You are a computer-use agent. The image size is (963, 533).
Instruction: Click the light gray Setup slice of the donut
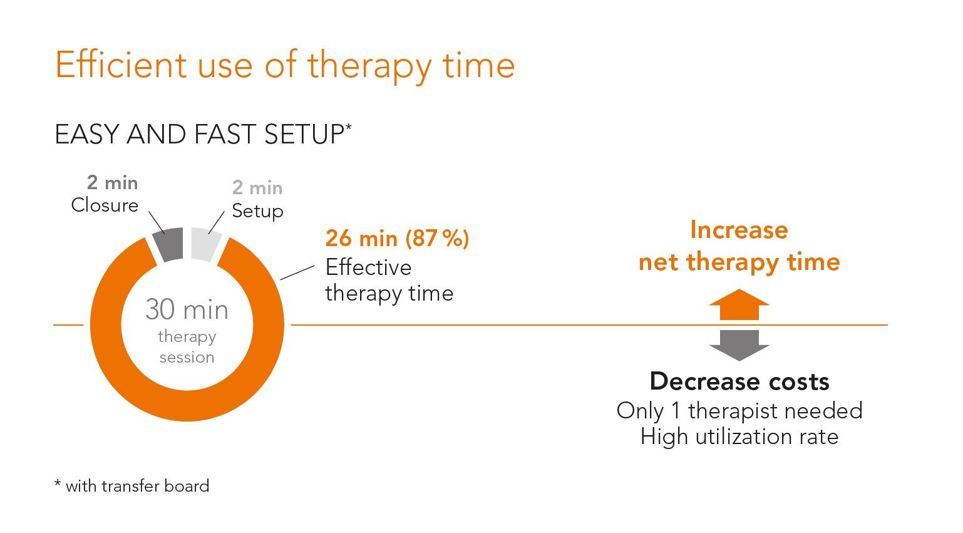(205, 244)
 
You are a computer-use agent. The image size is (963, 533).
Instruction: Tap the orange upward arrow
(739, 304)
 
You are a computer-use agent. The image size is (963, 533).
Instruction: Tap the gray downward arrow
(739, 346)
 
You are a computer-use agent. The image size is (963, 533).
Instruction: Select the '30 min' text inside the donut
(187, 309)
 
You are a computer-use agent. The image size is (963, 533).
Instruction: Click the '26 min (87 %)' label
(397, 239)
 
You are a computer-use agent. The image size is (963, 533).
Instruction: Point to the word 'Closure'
(105, 205)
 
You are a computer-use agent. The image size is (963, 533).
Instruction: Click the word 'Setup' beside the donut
(257, 211)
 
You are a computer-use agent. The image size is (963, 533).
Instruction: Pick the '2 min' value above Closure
(112, 183)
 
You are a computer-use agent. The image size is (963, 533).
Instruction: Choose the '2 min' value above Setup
(257, 188)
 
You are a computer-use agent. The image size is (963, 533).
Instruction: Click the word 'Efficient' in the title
(121, 65)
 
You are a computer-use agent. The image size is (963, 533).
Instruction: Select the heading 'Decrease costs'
(739, 381)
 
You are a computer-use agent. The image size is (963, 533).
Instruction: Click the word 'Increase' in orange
(739, 230)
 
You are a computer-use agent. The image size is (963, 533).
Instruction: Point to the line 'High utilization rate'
(739, 437)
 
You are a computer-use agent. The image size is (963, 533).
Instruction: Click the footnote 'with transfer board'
(138, 486)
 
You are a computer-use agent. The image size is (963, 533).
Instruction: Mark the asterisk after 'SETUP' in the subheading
(348, 127)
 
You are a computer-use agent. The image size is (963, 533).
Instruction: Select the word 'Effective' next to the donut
(368, 267)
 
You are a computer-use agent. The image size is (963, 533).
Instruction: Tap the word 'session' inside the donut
(187, 358)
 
